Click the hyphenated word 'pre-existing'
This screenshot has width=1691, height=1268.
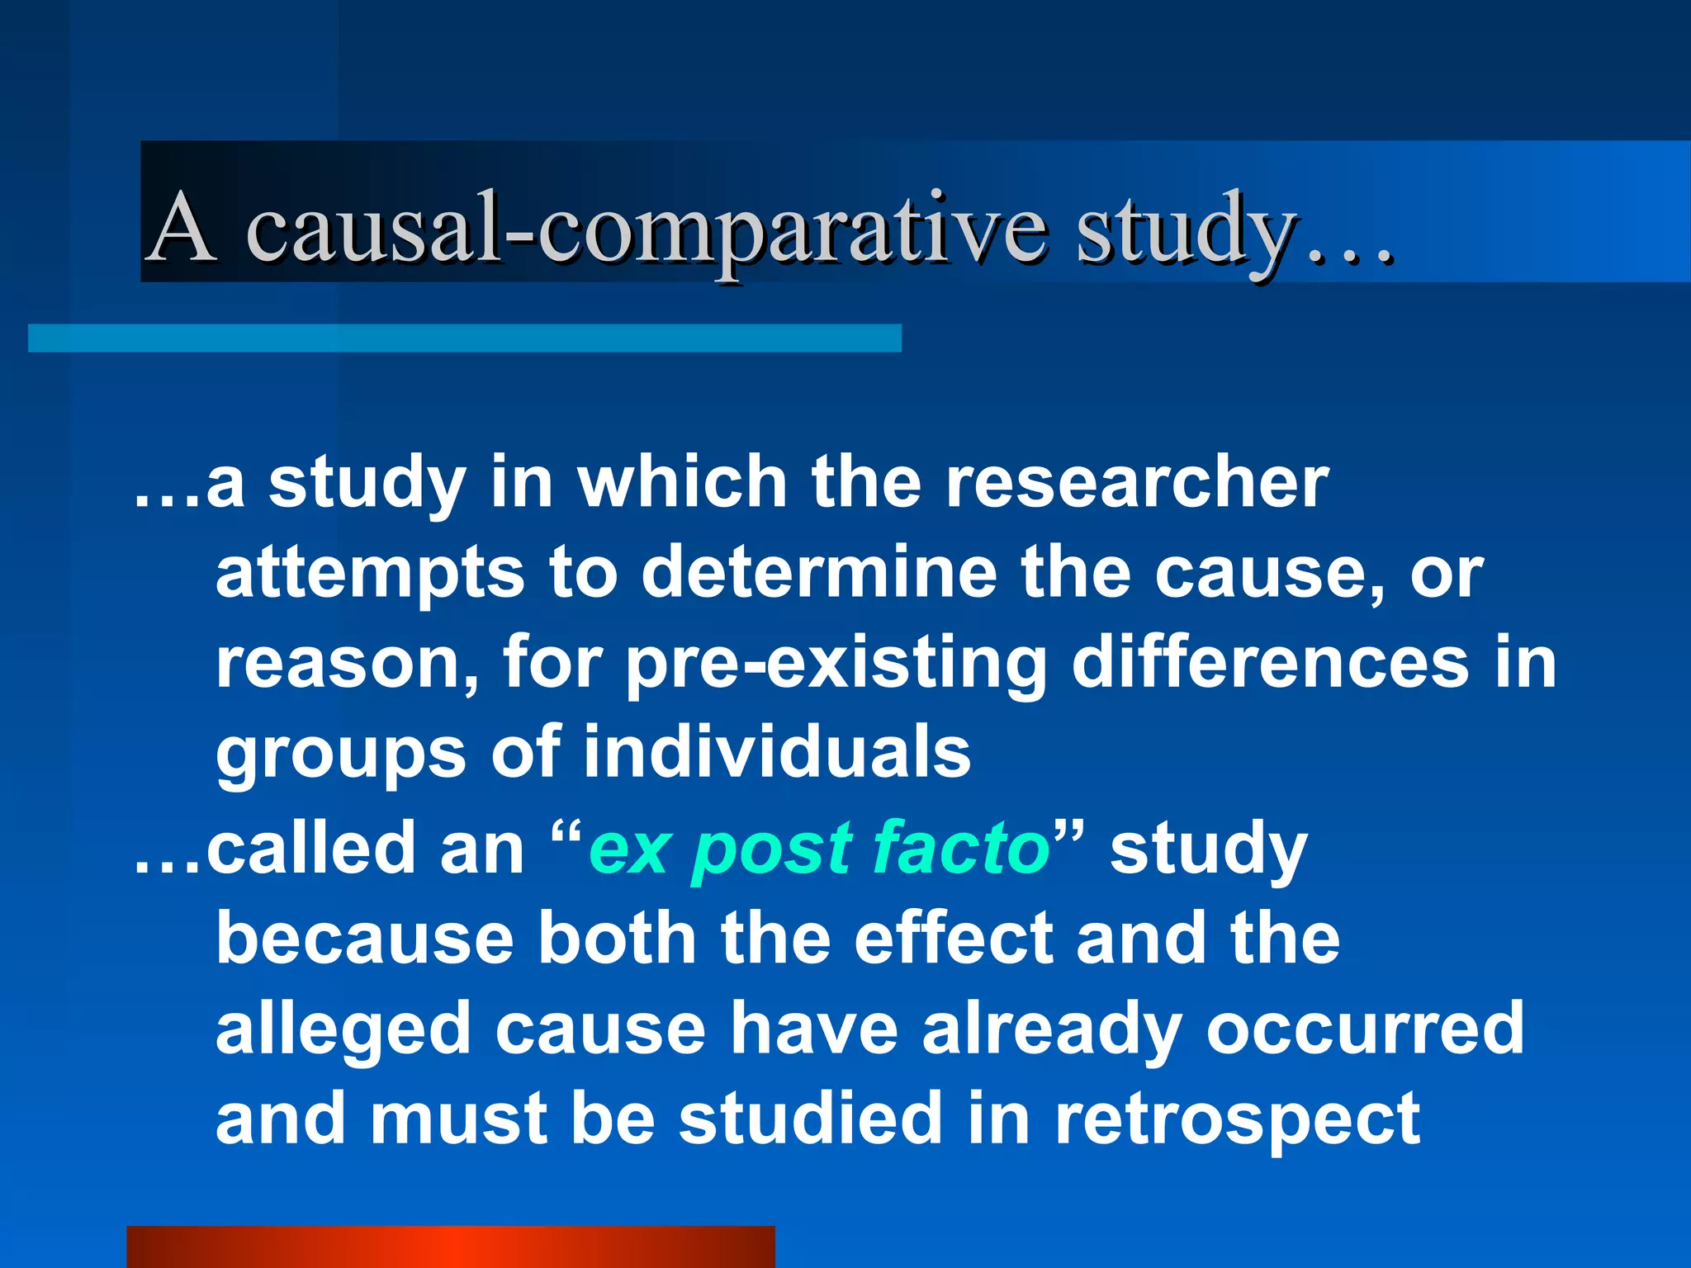click(x=836, y=665)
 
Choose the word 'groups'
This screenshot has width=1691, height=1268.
click(x=341, y=755)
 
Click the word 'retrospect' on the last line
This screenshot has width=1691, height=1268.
click(x=1238, y=1120)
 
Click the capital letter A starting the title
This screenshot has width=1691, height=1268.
click(x=182, y=226)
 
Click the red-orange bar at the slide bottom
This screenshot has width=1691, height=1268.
click(x=450, y=1247)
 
